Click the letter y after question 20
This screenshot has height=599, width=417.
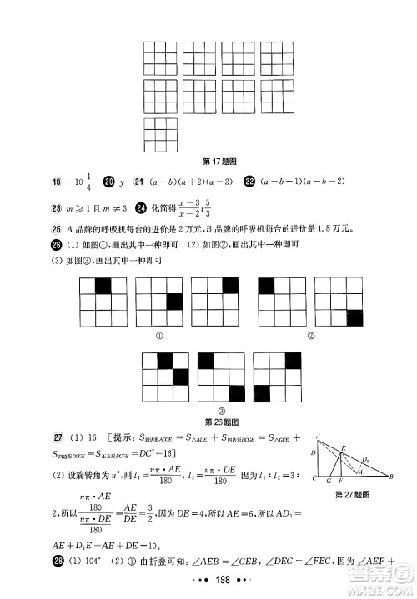point(122,182)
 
